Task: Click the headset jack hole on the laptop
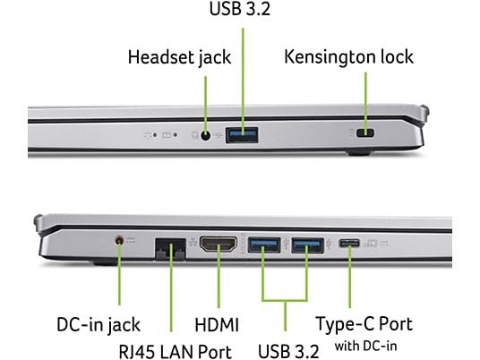(206, 135)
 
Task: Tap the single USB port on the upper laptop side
(242, 135)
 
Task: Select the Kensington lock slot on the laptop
(365, 133)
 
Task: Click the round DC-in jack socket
(119, 240)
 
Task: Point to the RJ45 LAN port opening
(170, 249)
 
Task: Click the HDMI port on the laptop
(219, 244)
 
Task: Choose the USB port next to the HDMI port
(264, 245)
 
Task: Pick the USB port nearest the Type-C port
(307, 245)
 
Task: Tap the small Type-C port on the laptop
(349, 244)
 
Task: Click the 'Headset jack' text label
(179, 57)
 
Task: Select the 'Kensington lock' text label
(348, 57)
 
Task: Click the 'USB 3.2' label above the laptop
(240, 9)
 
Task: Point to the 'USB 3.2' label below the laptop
(288, 351)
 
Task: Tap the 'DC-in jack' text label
(99, 324)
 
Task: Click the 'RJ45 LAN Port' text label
(175, 351)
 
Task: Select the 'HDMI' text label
(217, 324)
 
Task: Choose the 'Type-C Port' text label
(364, 324)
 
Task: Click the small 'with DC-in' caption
(365, 347)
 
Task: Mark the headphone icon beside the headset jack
(194, 134)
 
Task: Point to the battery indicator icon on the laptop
(167, 134)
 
